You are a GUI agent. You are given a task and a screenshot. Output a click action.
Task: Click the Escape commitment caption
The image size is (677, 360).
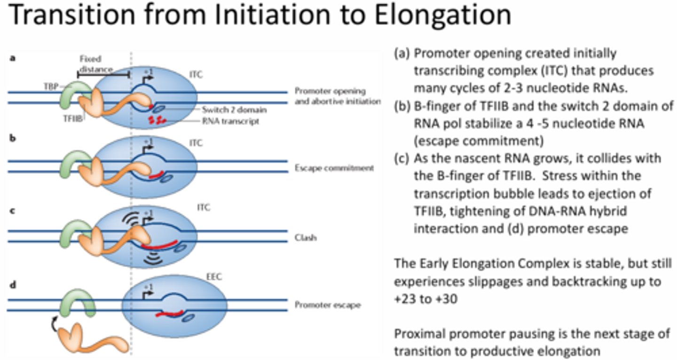[334, 167]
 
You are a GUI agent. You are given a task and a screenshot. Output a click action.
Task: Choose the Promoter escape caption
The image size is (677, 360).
[327, 305]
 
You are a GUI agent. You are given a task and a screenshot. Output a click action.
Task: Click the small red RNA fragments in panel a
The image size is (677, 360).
[157, 119]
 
